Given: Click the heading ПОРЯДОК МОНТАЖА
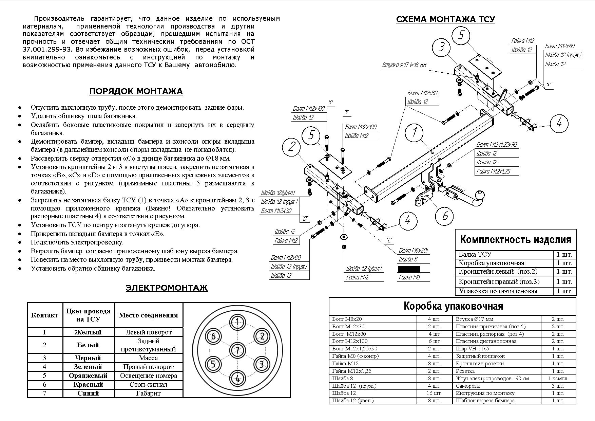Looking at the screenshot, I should tap(136, 91).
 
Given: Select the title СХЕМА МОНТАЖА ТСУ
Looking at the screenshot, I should tap(445, 19).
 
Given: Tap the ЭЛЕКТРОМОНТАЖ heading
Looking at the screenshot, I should tap(166, 288).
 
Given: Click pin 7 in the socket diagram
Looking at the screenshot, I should tap(237, 350).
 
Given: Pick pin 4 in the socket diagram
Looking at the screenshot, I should tap(237, 378).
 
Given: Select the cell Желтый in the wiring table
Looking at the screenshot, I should tap(88, 332).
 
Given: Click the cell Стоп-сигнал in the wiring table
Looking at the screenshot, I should tap(148, 385).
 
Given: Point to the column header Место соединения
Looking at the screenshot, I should tap(148, 315).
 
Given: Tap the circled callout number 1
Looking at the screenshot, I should tap(414, 132).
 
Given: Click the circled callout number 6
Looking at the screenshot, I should tap(445, 215).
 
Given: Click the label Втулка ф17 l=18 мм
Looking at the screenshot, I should tap(404, 65).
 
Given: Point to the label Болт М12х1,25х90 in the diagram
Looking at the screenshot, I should tap(496, 145).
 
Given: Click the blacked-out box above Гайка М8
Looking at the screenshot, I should tap(408, 269).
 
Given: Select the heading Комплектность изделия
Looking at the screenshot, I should tap(516, 240).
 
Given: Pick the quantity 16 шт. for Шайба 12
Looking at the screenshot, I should tap(434, 393).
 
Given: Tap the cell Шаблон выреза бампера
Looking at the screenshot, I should tap(485, 401).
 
